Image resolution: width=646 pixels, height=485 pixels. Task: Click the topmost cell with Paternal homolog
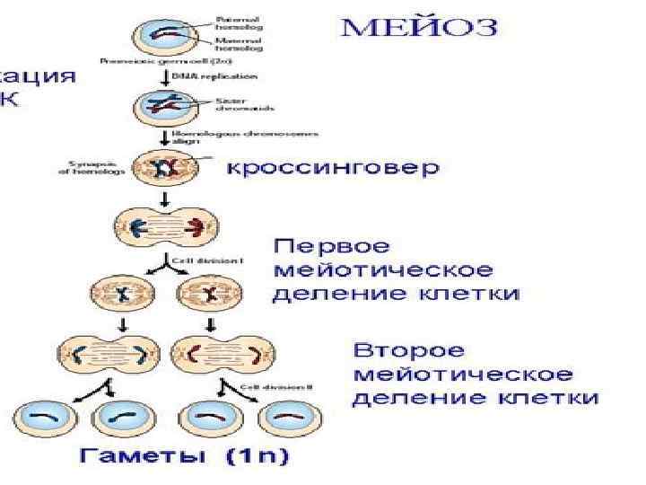click(x=163, y=34)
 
